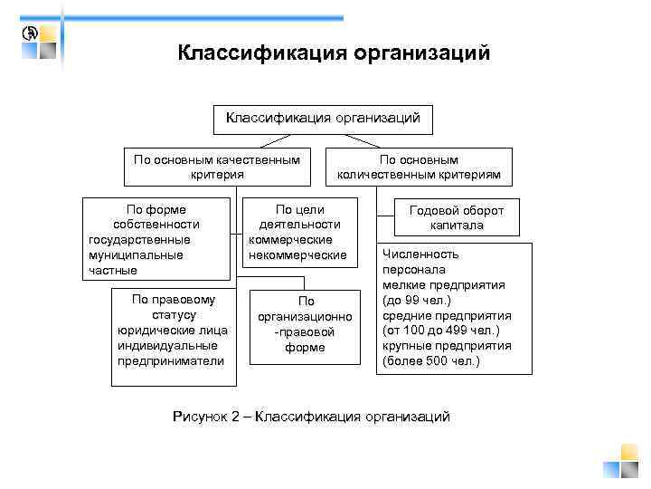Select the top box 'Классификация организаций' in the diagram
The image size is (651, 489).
323,118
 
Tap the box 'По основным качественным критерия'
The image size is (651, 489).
217,167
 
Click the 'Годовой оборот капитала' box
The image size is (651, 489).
457,217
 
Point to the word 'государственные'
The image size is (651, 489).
139,240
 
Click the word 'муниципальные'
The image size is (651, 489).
136,254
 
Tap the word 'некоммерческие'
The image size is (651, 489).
297,254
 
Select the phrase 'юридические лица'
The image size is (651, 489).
173,330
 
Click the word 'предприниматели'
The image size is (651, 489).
171,360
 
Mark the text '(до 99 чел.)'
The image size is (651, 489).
417,300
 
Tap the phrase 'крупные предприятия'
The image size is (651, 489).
447,346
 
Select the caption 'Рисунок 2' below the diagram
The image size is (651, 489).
207,416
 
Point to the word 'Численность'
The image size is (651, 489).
420,254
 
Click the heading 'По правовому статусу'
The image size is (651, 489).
173,306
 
